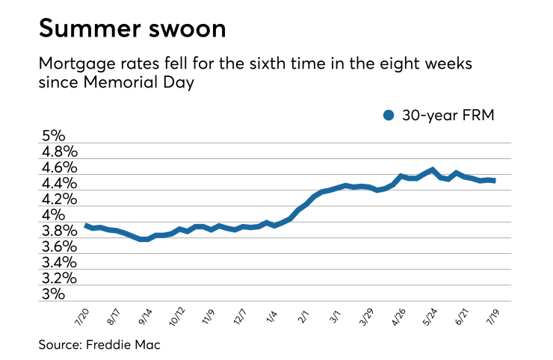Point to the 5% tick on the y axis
click(x=54, y=137)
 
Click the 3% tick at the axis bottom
click(x=54, y=294)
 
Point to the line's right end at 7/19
click(x=494, y=180)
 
